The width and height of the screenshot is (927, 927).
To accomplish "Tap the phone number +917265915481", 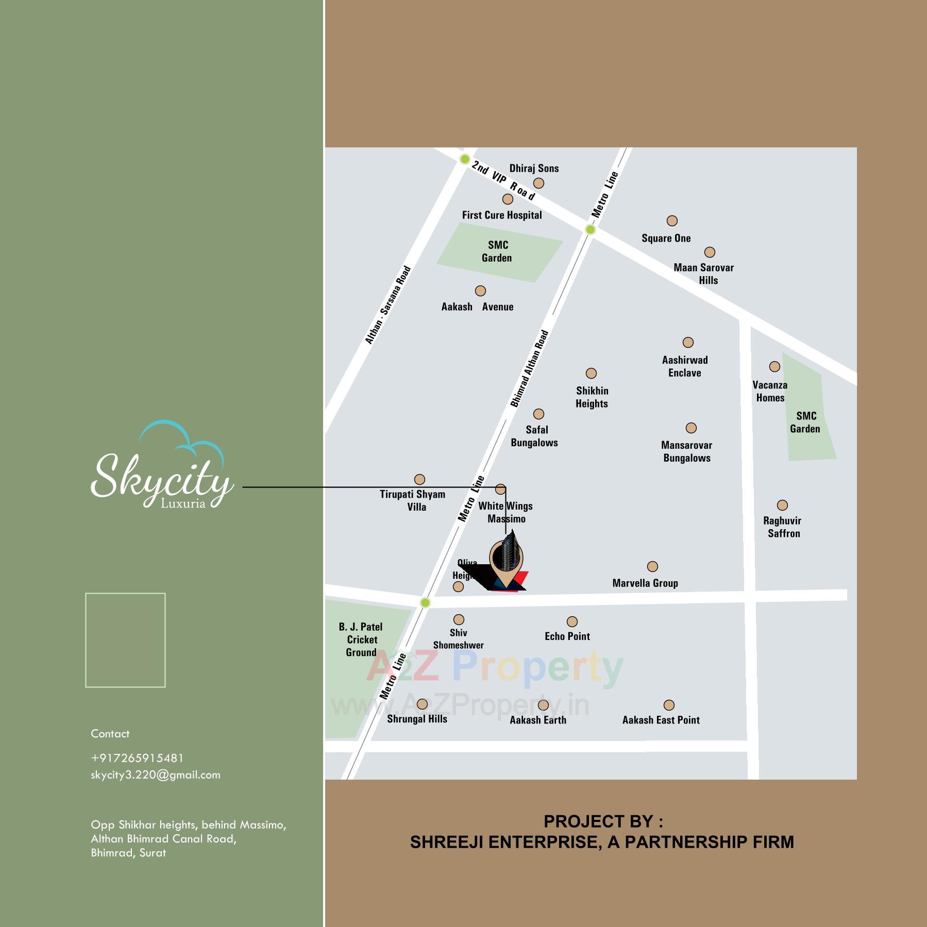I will click(x=137, y=758).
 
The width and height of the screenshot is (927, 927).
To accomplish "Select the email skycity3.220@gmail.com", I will click(x=155, y=775).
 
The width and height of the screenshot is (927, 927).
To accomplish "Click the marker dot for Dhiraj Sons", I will click(x=538, y=183).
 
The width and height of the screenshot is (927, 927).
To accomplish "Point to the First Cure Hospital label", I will click(x=501, y=215).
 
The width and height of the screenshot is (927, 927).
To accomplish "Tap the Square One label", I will click(x=666, y=238).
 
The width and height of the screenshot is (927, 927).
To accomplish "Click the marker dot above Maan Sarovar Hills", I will click(x=710, y=252).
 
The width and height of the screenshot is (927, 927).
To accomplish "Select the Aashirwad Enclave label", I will click(x=685, y=366).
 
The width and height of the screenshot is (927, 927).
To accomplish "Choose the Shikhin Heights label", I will click(x=592, y=397).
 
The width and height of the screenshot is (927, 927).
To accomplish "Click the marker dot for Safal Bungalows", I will click(x=538, y=414).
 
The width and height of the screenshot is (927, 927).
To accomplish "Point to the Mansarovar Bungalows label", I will click(x=686, y=451).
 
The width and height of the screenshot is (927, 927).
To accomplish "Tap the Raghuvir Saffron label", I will click(x=783, y=527).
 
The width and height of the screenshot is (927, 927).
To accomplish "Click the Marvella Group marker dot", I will click(x=652, y=566).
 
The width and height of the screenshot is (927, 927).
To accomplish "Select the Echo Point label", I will click(x=567, y=636).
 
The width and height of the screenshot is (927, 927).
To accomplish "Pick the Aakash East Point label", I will click(x=661, y=720).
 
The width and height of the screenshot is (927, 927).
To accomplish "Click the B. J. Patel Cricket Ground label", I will click(x=361, y=639).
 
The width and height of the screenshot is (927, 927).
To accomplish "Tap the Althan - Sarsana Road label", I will click(x=387, y=305).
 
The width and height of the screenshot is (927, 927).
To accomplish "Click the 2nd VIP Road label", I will click(x=503, y=180).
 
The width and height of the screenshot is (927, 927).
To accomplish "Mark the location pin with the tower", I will click(x=506, y=562).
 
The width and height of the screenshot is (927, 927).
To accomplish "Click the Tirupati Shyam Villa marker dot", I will click(x=419, y=479).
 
